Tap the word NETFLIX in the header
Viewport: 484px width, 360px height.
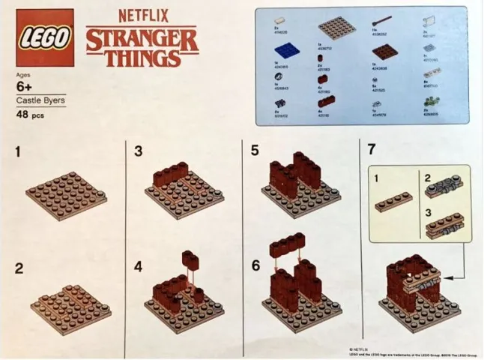coord(141,14)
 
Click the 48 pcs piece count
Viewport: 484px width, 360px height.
coord(30,115)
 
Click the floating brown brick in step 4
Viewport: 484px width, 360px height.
coord(191,260)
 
